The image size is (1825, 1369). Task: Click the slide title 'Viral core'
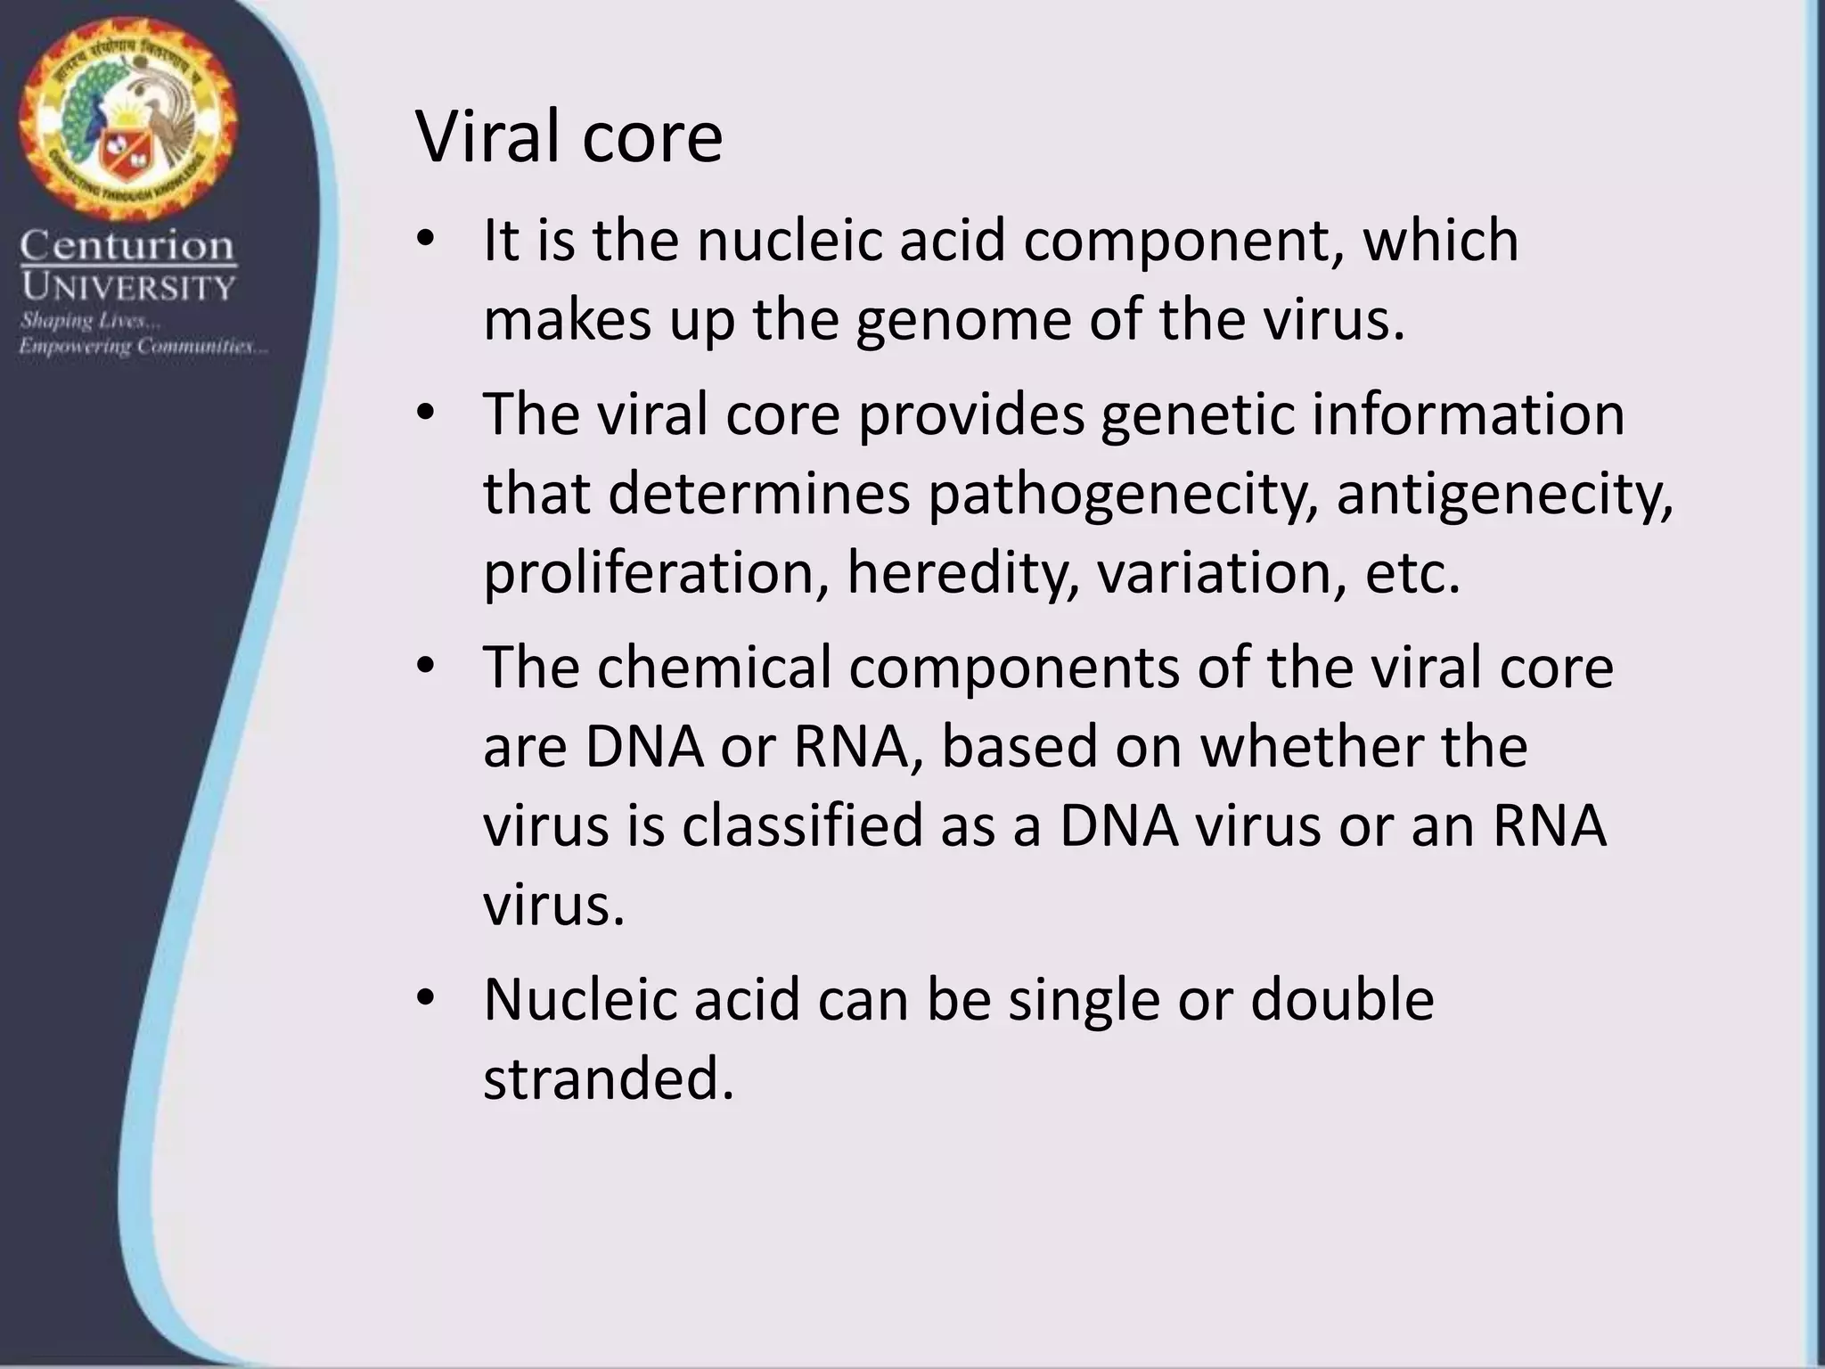569,138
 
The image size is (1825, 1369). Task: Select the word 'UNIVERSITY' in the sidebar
127,287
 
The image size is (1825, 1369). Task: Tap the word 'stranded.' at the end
609,1078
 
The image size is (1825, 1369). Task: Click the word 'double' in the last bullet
1342,999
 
